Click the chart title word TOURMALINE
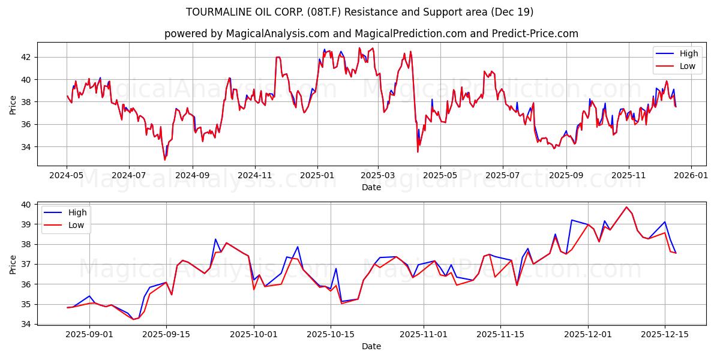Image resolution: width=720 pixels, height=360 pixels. pos(217,12)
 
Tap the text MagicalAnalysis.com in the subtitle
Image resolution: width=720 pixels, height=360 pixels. pos(269,34)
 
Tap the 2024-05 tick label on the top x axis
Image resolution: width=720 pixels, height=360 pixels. pos(67,175)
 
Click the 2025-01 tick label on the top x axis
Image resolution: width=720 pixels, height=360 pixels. pos(317,175)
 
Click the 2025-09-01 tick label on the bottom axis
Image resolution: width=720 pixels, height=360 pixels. pos(89,334)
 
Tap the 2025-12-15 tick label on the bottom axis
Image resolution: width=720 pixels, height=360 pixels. pos(664,334)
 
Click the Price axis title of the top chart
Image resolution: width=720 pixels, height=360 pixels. pos(13,104)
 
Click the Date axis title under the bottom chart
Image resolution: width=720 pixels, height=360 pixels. pos(371,346)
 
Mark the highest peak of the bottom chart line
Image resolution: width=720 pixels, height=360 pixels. pos(626,207)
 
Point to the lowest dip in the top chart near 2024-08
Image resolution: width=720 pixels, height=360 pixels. pos(165,160)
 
